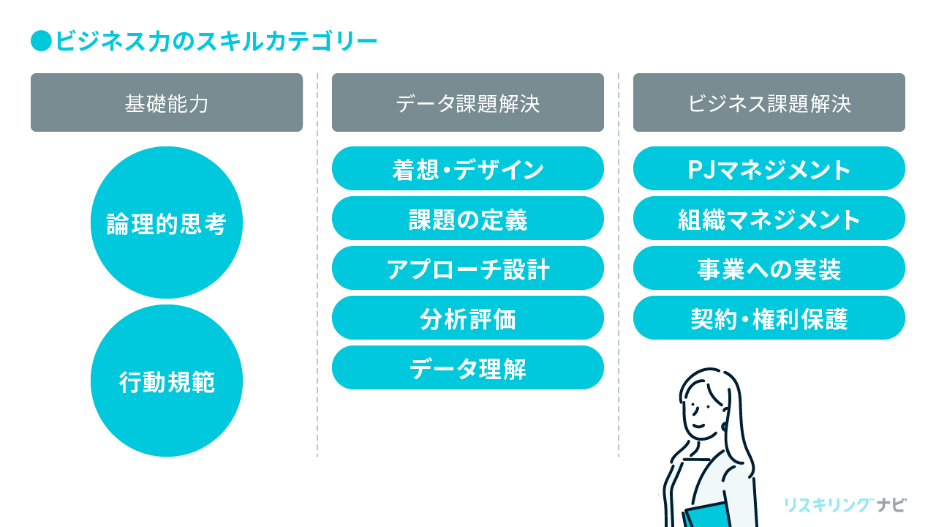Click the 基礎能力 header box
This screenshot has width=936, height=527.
167,102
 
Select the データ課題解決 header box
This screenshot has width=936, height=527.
468,102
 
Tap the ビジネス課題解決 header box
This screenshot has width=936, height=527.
769,102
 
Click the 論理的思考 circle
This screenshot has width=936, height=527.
167,223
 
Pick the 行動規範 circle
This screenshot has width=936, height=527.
167,381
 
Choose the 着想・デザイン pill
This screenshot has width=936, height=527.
468,168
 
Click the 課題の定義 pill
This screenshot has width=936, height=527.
468,218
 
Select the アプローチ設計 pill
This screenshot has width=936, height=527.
468,268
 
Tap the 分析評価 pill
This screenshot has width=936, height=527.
468,318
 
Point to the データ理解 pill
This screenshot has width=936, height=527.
468,367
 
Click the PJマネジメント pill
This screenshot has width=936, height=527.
769,168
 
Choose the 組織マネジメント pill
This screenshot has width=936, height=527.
769,218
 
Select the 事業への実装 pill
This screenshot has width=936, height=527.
769,268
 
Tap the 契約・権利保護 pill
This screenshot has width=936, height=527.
769,318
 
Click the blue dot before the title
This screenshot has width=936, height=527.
41,41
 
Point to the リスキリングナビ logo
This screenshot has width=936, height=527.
845,504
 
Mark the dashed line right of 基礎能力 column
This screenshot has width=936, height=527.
317,263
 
